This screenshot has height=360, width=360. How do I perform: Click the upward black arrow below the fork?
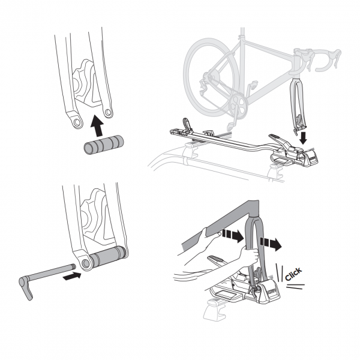pos(97,125)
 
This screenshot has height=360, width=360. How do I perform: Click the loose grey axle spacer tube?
pos(104,145)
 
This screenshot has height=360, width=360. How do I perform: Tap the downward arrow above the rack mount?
pos(304,137)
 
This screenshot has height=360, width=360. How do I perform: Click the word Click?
pos(293,274)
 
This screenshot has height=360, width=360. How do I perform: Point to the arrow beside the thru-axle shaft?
pos(72,276)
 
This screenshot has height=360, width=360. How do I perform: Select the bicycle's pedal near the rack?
pos(230,125)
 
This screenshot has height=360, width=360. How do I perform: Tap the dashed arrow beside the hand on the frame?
pos(233,236)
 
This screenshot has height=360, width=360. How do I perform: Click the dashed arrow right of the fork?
pos(271,244)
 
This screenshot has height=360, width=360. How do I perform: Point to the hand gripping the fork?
pos(249,256)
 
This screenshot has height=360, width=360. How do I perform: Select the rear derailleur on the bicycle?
pos(204,87)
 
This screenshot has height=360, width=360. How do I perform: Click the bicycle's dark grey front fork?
pos(298,104)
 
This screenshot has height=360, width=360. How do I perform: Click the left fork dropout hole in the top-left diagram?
pos(77,122)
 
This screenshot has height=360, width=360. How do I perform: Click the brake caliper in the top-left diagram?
pos(86,83)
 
